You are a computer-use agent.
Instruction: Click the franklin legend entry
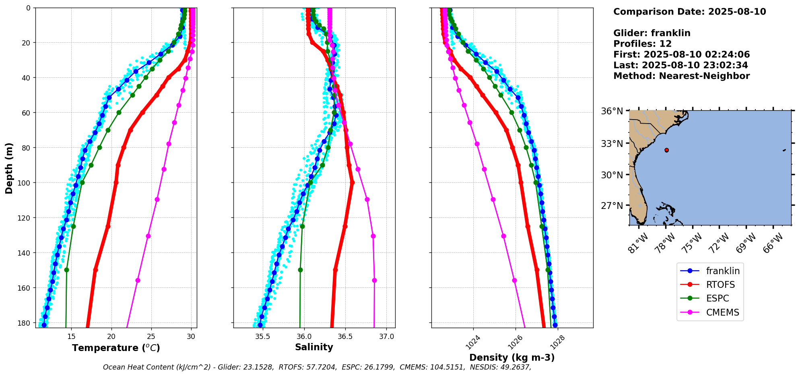722,271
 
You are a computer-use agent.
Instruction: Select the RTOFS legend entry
720,285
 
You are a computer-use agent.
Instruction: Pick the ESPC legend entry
717,298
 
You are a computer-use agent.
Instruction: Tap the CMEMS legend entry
722,312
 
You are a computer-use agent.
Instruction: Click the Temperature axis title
116,348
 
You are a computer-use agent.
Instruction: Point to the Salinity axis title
314,347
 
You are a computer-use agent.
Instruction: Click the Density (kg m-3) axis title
512,357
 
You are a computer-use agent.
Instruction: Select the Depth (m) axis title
9,168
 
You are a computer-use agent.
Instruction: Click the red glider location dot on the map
666,150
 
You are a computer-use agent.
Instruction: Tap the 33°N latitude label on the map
612,144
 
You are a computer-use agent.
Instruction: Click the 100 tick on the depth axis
25,183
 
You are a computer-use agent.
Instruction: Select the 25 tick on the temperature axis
151,337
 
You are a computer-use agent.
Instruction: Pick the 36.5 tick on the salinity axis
345,337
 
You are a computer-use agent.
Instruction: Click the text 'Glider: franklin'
652,33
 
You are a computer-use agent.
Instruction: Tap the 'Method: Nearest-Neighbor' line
681,76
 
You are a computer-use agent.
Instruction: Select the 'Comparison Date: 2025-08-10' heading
689,12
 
